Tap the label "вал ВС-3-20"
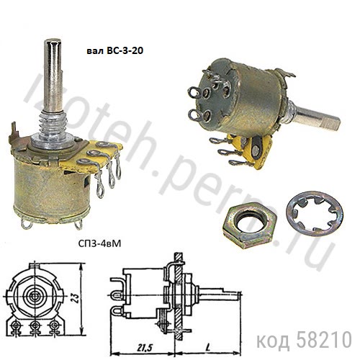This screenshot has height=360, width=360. point(114,50)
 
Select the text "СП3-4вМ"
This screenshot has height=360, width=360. point(99,244)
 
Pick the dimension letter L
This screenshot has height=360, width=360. point(208,346)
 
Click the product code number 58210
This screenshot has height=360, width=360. point(324,340)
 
